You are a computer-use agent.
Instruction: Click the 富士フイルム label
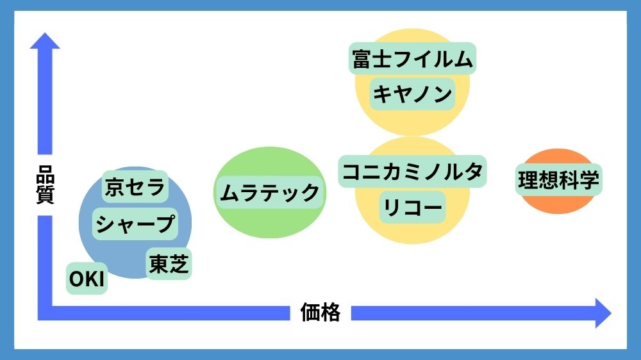413,60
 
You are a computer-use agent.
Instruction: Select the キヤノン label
413,94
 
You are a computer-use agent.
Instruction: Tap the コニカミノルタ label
413,172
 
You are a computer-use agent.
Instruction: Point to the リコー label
413,207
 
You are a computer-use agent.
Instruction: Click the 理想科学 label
558,181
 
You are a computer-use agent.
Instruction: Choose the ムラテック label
269,192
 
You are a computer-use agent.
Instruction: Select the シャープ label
135,224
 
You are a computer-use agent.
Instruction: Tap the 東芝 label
169,264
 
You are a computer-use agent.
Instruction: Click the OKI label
87,279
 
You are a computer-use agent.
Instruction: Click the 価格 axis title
320,313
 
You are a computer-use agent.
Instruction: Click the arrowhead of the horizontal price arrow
603,313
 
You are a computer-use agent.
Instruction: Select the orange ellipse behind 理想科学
558,204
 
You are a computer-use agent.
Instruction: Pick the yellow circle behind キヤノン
413,122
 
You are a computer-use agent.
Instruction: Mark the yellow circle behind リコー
413,231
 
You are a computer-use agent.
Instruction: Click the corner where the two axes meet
45,313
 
